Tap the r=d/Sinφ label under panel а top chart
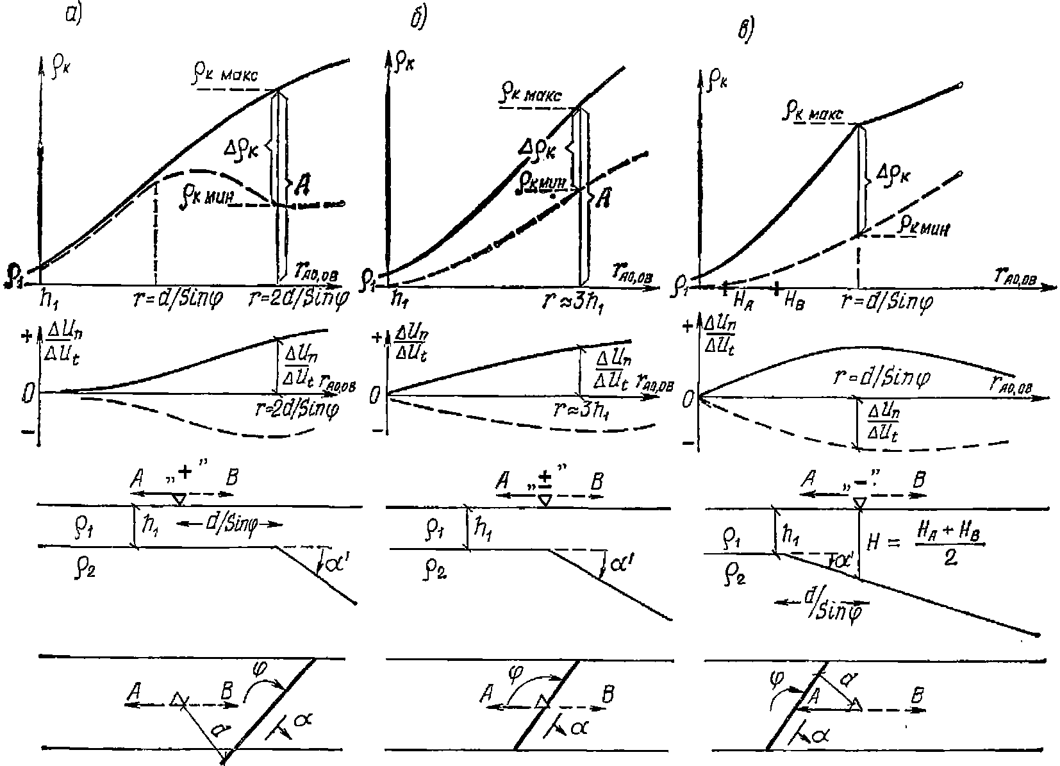182,300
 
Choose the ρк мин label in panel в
923,226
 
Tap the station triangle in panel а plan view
178,701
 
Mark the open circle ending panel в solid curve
960,85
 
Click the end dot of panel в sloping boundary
1037,635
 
